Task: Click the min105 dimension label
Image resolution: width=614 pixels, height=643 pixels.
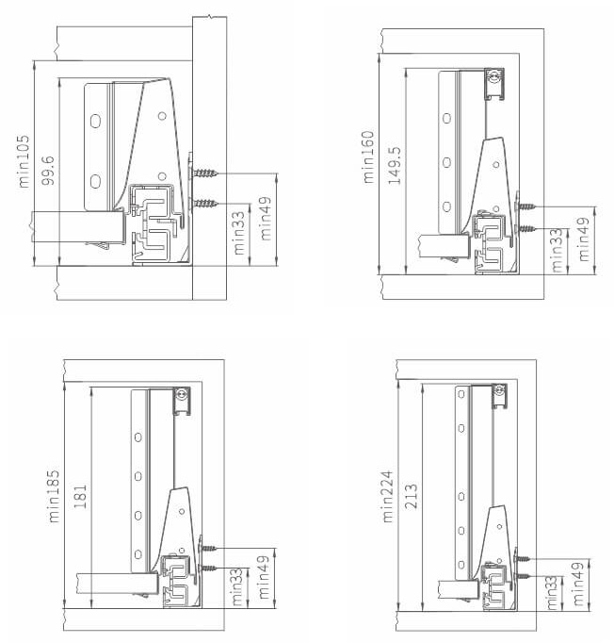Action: tap(24, 161)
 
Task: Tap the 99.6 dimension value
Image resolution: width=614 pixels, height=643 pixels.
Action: tap(48, 171)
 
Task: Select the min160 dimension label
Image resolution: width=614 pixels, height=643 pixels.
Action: tap(368, 157)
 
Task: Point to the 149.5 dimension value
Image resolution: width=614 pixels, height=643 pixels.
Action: tap(395, 166)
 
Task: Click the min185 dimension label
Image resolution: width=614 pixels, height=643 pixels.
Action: tap(54, 496)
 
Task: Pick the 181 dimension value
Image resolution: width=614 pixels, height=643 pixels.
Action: tap(80, 497)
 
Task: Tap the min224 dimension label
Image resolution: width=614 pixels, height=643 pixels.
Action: tap(387, 497)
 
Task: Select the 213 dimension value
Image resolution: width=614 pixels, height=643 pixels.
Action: tap(411, 497)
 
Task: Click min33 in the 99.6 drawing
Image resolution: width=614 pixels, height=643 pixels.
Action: tap(239, 233)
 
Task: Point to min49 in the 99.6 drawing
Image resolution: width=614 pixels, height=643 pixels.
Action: tap(266, 219)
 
